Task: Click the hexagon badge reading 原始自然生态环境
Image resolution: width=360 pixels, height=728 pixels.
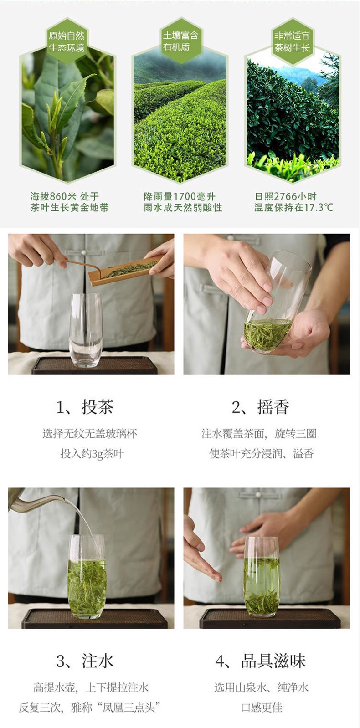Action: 67,41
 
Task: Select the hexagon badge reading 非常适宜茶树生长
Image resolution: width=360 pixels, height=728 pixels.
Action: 292,41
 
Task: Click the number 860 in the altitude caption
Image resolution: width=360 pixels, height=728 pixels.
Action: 58,196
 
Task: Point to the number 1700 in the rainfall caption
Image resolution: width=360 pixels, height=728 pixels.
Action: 185,196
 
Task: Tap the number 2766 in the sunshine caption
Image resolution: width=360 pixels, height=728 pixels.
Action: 286,196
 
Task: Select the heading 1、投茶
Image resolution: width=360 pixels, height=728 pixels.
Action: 85,406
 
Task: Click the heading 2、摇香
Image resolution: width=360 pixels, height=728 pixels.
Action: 260,406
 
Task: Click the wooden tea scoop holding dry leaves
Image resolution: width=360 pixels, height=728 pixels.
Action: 125,271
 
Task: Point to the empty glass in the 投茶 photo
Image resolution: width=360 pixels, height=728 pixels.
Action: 86,330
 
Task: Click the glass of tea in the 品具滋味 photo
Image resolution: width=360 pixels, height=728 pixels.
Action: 262,577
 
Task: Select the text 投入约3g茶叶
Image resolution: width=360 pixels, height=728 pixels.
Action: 92,453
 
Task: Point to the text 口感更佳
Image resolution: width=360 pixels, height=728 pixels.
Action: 262,707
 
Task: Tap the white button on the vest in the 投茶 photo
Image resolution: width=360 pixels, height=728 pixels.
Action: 84,252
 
